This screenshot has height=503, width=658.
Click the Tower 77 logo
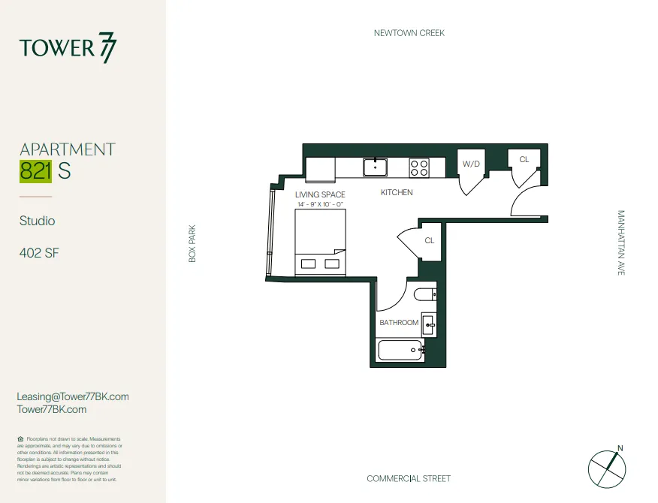click(x=68, y=48)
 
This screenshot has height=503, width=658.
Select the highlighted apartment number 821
click(x=35, y=171)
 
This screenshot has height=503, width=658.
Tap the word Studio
click(x=38, y=221)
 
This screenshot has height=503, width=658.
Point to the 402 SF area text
click(x=39, y=253)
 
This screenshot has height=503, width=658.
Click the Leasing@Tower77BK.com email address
click(x=73, y=396)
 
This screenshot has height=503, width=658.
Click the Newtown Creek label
click(x=409, y=33)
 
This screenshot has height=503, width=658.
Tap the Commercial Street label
click(x=409, y=478)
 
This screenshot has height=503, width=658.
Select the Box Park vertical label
click(x=192, y=244)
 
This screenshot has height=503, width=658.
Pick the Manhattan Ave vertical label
click(x=620, y=242)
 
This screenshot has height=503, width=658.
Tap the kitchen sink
click(x=375, y=167)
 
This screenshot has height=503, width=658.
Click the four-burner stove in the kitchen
click(x=418, y=167)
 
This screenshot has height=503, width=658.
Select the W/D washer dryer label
click(x=471, y=164)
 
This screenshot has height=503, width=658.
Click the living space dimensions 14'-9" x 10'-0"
click(x=320, y=204)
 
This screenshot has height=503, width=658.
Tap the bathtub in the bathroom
click(x=399, y=350)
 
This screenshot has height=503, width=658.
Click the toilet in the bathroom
click(x=424, y=294)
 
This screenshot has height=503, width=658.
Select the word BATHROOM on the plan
click(x=398, y=323)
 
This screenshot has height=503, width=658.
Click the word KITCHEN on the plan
click(x=397, y=193)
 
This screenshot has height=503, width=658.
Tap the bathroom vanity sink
click(x=429, y=324)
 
